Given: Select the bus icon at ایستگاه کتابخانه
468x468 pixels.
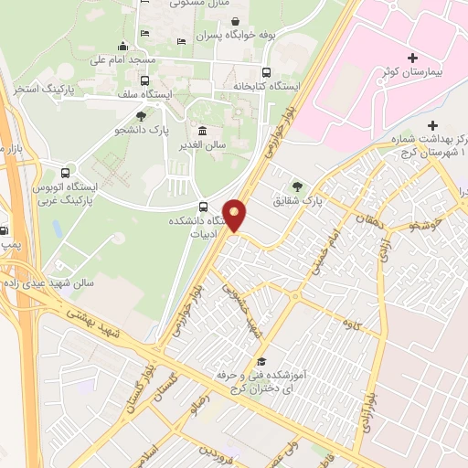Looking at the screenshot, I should pyautogui.click(x=266, y=72).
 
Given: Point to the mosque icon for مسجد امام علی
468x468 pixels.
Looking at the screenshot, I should pyautogui.click(x=122, y=47).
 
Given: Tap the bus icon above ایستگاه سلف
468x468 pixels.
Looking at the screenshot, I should pyautogui.click(x=144, y=80).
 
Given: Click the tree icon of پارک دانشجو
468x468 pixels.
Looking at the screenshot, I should pyautogui.click(x=140, y=116).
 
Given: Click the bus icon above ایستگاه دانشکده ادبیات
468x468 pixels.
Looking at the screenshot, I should pyautogui.click(x=202, y=207).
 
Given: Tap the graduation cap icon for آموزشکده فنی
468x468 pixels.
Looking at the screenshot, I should pyautogui.click(x=262, y=362).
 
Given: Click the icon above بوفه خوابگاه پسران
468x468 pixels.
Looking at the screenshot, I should pyautogui.click(x=236, y=22).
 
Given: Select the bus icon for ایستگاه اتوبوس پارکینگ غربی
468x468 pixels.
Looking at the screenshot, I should pyautogui.click(x=64, y=172).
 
